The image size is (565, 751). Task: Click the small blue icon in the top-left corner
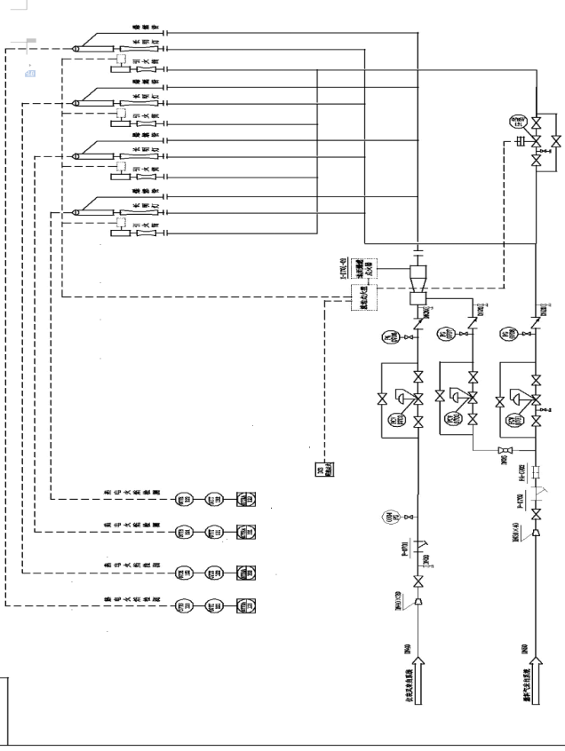click(29, 73)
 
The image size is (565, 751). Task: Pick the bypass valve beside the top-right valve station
click(555, 141)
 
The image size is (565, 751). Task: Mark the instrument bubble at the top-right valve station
click(516, 122)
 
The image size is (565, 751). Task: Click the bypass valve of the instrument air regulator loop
click(381, 396)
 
